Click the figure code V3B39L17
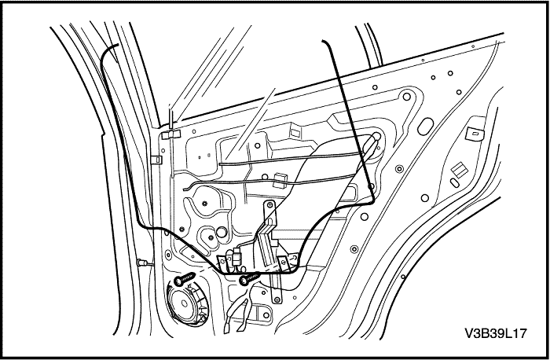coord(496,333)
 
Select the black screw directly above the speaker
coord(184,279)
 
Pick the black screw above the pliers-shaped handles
coord(249,278)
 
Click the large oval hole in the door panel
coord(426,127)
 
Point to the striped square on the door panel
coord(460,171)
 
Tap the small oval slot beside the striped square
coord(454,183)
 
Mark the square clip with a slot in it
coord(475,134)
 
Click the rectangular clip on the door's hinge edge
coord(157,160)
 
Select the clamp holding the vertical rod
coord(170,134)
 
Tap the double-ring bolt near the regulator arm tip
coord(399,169)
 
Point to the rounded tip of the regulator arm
coord(376,136)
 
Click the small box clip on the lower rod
coord(280,178)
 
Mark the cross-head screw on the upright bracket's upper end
coord(269,205)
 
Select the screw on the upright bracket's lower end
coord(277,299)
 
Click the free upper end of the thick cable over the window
coord(324,42)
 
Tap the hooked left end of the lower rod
coord(185,188)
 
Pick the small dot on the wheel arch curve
coord(403,277)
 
